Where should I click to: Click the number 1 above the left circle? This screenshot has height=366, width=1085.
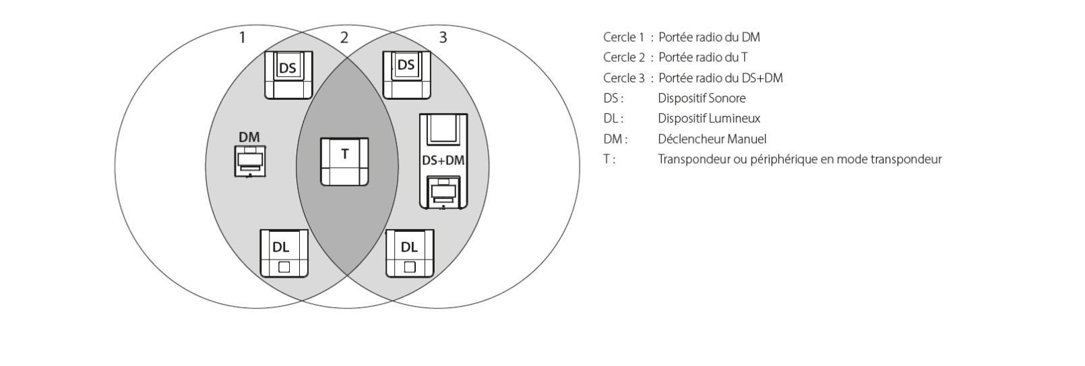tap(243, 38)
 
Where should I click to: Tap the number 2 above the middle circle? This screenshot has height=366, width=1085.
tap(344, 38)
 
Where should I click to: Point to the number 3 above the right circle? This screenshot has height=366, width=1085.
tap(443, 38)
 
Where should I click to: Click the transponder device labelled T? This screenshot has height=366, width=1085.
tap(344, 162)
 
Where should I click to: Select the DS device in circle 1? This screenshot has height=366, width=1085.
tap(288, 74)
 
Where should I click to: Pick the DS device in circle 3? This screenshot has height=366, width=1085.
tap(406, 74)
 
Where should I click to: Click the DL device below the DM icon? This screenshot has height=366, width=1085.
tap(284, 253)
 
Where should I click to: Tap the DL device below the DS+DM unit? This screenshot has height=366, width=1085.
tap(410, 253)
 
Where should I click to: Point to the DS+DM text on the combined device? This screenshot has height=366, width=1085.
tap(443, 160)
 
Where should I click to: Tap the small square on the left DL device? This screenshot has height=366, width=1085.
tap(284, 267)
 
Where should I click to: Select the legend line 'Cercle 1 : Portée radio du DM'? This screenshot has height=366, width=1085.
tap(681, 38)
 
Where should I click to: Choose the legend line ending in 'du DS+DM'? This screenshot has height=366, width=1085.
tap(693, 78)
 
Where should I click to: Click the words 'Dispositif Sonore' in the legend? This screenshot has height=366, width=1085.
tap(702, 98)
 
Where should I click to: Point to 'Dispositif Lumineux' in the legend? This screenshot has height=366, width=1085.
tap(709, 119)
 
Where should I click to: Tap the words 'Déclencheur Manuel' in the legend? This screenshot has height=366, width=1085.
tap(712, 140)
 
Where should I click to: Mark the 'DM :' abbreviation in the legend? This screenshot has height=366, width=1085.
tap(615, 140)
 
